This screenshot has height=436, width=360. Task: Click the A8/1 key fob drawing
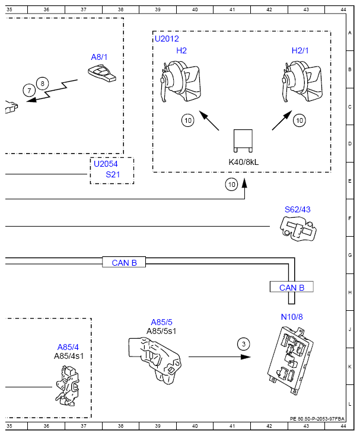[102, 74]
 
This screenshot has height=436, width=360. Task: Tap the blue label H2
[181, 50]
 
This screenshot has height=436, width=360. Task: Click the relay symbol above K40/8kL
[243, 141]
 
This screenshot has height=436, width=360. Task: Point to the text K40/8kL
[244, 162]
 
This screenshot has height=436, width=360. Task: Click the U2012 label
[167, 39]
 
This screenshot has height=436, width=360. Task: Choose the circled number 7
[29, 90]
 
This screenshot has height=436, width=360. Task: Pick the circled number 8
[42, 83]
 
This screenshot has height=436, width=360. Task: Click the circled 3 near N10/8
[244, 344]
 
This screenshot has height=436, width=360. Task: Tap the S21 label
[113, 174]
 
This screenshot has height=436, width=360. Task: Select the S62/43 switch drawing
[298, 228]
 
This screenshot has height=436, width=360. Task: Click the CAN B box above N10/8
[292, 287]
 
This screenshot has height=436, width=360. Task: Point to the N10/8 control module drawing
[290, 361]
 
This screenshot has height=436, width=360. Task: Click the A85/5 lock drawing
[155, 360]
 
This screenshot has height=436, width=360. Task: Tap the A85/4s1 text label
[69, 356]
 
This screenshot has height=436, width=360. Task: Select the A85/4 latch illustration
[68, 386]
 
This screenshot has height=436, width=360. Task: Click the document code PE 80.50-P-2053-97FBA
[317, 419]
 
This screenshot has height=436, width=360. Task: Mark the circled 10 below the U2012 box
[231, 184]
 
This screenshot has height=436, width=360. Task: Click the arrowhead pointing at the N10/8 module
[246, 357]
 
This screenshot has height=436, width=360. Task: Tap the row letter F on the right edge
[350, 218]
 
